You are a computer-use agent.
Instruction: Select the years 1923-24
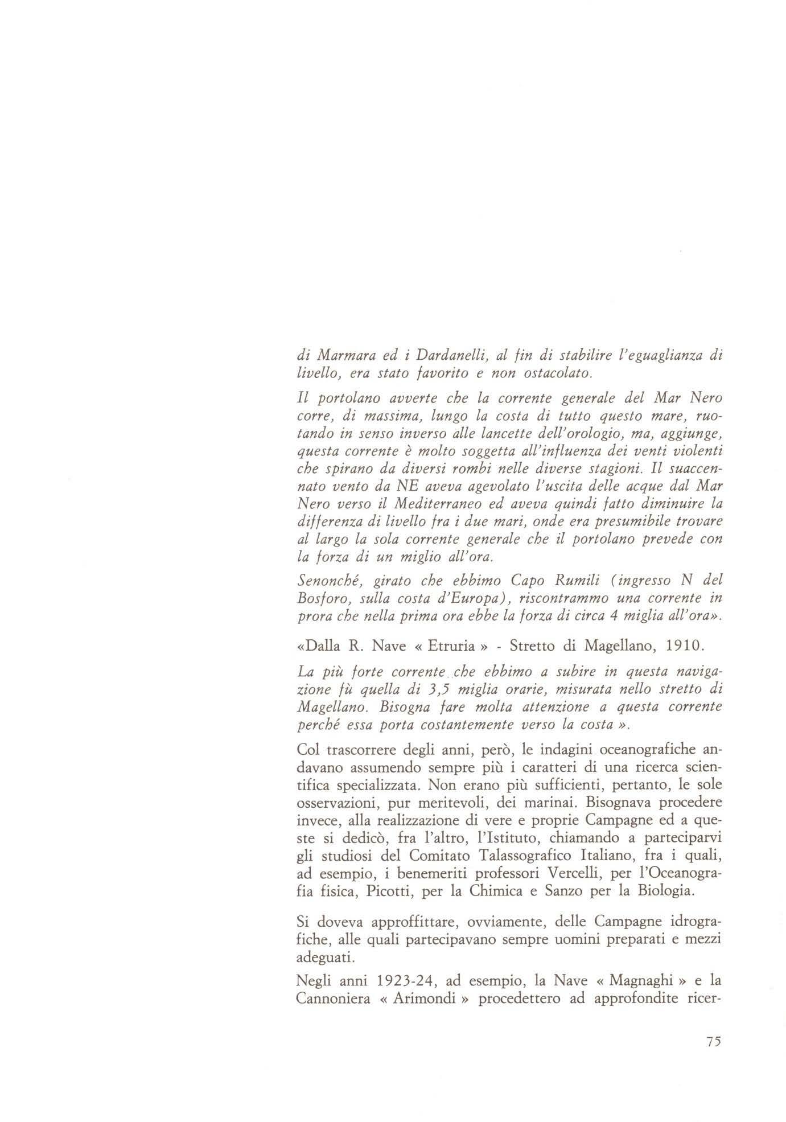[407, 981]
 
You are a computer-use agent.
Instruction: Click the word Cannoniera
[332, 999]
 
